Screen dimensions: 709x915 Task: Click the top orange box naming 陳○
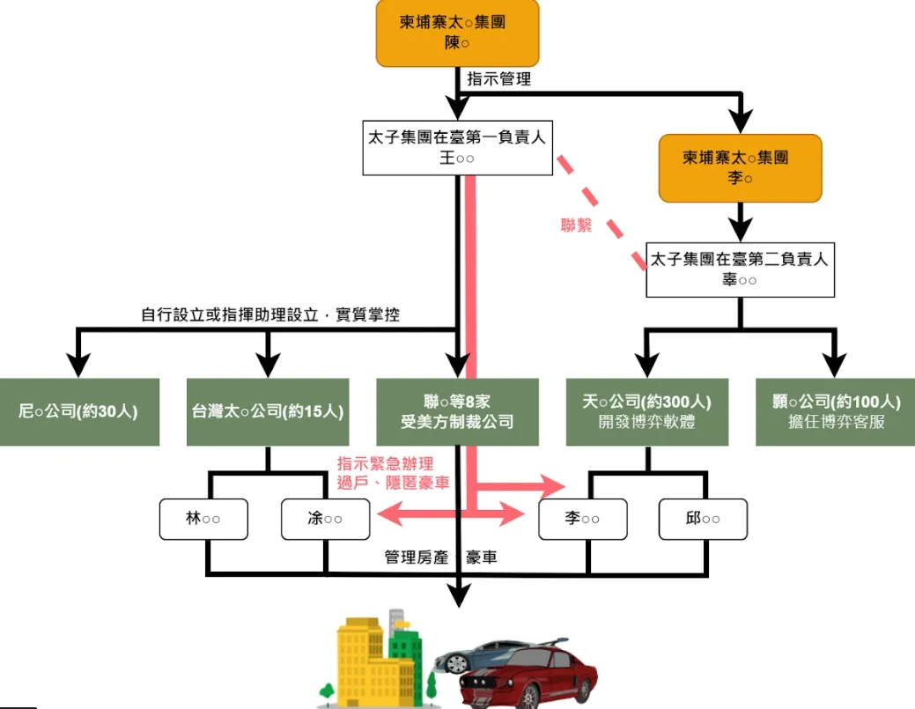point(457,33)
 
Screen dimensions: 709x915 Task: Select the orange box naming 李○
point(740,167)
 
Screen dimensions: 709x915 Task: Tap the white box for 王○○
point(457,148)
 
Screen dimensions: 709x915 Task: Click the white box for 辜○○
point(740,270)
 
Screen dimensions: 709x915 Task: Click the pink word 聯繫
point(576,225)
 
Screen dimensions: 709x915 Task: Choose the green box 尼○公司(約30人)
point(79,411)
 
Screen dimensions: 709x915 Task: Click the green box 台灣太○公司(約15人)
point(268,411)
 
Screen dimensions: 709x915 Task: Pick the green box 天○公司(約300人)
point(646,411)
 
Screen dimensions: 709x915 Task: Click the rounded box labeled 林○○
point(203,519)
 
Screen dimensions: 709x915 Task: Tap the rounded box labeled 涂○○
point(325,519)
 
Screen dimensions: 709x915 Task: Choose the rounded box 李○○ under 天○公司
point(582,519)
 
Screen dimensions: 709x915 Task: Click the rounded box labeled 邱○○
point(703,519)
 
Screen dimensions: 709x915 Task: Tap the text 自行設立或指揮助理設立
point(234,314)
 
